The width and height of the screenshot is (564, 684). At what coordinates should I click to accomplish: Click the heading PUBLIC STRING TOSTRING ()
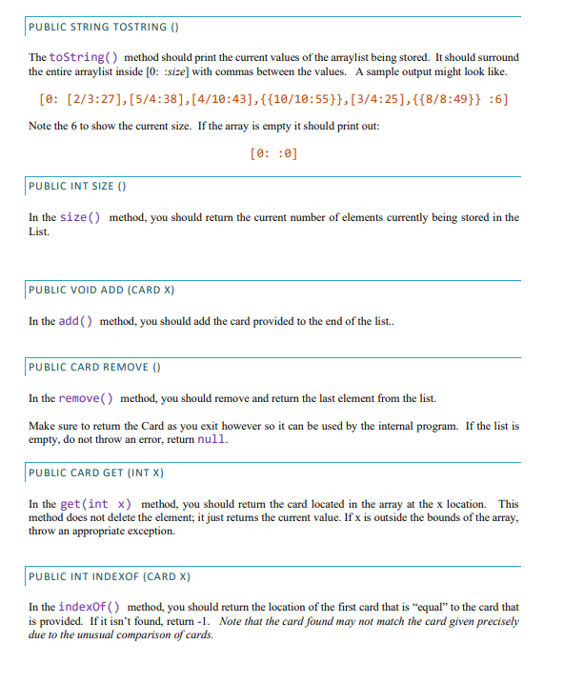click(x=98, y=26)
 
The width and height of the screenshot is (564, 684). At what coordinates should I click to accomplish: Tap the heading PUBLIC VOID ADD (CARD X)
click(x=102, y=289)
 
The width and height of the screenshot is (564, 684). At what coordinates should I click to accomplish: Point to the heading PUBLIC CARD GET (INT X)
click(x=97, y=472)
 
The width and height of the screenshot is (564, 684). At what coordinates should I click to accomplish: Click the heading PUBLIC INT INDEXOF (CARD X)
click(x=110, y=576)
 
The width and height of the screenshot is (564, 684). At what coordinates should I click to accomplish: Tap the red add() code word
click(x=76, y=321)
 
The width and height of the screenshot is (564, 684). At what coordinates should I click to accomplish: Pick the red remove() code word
click(x=87, y=398)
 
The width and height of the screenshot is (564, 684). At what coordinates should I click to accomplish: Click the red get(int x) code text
click(x=98, y=504)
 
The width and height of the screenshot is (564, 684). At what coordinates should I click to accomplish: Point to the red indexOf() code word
click(x=89, y=607)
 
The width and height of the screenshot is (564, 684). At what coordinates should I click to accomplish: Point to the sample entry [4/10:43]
click(x=220, y=99)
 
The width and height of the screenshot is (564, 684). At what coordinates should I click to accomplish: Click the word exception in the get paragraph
click(x=150, y=531)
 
